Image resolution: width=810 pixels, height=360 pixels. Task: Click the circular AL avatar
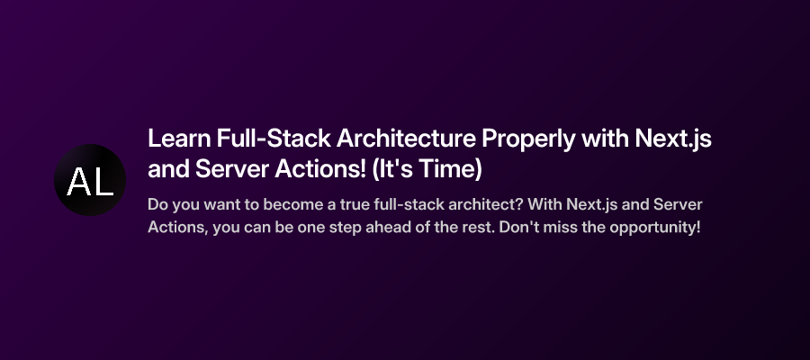coord(90,180)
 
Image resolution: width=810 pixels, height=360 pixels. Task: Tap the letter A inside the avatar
coord(77,182)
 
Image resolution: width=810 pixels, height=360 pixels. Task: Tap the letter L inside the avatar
coord(103,182)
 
